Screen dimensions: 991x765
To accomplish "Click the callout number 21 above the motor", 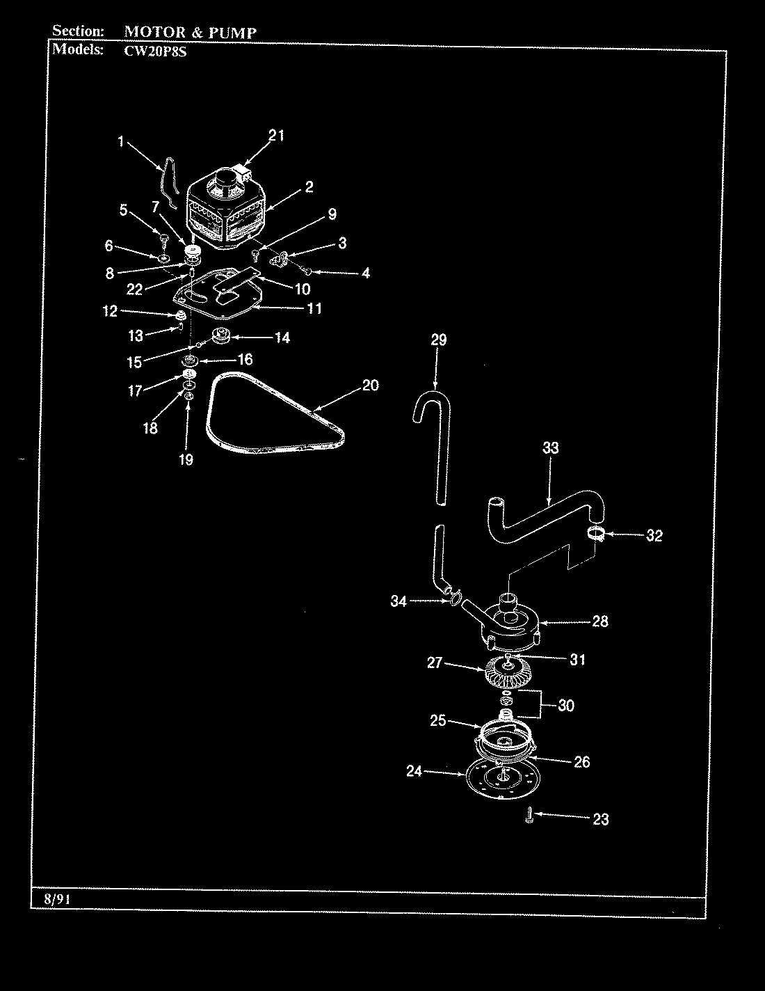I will point(276,136).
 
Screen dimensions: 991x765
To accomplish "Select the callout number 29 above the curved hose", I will point(438,340).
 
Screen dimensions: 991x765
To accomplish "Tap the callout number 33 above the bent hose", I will point(550,449).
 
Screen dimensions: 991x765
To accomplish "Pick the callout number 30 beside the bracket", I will point(566,706).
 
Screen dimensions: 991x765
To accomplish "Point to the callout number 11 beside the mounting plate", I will point(314,308).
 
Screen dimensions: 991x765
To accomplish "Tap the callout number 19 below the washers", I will point(186,459).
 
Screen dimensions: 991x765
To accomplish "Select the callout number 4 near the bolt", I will point(365,273).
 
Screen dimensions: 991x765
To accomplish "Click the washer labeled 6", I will point(163,258).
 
